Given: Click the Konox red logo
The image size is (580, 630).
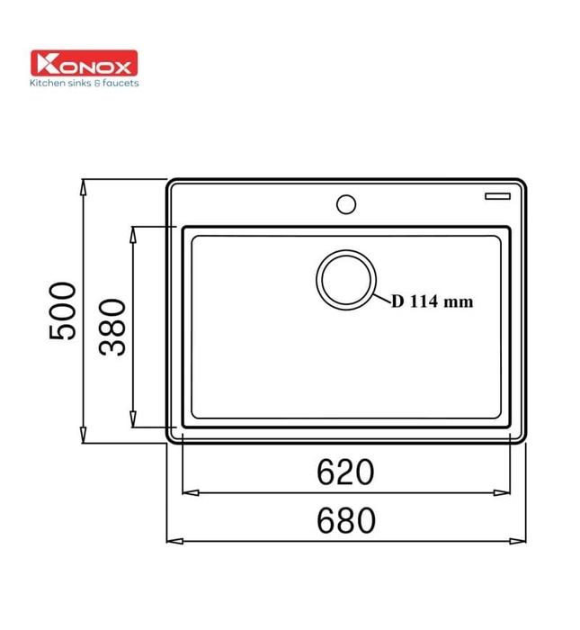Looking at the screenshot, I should [84, 64].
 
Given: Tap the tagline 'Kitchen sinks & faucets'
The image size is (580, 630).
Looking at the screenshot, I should [85, 83].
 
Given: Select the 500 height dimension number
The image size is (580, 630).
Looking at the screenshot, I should [62, 310].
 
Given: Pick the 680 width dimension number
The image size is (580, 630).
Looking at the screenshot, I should [345, 520].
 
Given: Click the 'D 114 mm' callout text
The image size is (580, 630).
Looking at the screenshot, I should [431, 302].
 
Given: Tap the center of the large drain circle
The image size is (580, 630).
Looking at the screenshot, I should [345, 279].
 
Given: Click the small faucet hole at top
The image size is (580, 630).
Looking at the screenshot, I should [345, 203].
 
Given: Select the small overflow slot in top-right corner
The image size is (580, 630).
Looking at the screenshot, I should [497, 193].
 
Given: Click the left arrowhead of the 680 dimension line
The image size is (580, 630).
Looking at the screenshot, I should [172, 542].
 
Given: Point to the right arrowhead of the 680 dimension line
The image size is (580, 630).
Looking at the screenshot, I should [521, 542].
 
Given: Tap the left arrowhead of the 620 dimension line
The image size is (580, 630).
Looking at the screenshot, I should [188, 492].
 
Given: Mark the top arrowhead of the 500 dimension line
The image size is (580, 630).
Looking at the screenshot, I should [84, 185].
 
